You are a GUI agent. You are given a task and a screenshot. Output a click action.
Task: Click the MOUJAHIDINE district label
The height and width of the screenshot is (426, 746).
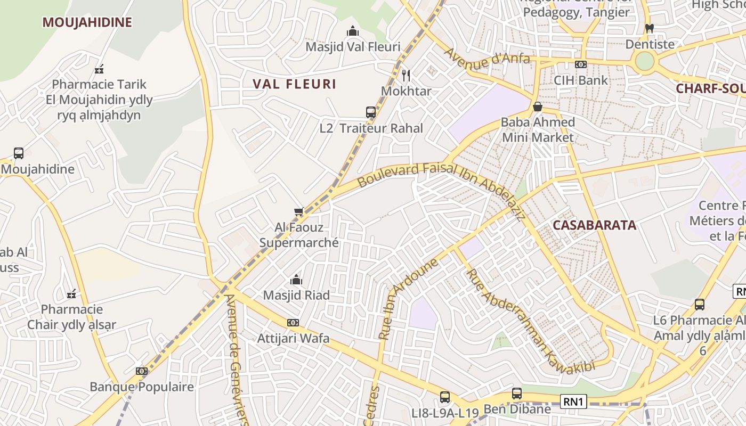pos(87,22)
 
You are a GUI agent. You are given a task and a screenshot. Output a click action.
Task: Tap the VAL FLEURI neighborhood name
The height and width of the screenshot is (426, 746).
pos(294,84)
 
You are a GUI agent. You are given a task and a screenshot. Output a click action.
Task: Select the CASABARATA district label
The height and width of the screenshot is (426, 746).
pos(594,225)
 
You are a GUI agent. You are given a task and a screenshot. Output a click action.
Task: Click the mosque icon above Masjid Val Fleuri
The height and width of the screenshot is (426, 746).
pos(353,31)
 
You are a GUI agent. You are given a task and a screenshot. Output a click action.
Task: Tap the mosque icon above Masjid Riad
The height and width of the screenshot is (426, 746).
pos(296,280)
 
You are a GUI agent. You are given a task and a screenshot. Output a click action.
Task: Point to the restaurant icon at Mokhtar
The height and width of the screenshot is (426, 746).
pos(406,75)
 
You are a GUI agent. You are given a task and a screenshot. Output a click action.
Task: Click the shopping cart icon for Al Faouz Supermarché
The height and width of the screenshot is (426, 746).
pos(299,212)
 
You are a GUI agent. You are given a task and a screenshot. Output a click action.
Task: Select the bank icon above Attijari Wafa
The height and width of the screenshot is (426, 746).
pos(293,323)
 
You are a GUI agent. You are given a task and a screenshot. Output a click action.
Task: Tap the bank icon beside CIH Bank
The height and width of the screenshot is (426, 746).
pos(581,64)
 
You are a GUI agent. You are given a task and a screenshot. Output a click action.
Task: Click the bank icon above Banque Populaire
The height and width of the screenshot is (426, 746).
pos(141,371)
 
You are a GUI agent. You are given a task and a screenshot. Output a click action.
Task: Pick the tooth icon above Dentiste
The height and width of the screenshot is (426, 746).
pos(649,28)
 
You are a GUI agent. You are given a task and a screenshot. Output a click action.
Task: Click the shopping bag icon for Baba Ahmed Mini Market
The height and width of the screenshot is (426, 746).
pos(538,106)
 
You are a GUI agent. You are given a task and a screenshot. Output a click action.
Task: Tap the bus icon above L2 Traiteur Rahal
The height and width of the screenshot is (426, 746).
pos(371,112)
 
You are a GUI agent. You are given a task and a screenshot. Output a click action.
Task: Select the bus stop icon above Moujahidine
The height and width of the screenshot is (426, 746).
pos(19,153)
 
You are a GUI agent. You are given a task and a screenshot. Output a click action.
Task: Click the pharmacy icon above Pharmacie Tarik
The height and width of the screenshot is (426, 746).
pos(99,69)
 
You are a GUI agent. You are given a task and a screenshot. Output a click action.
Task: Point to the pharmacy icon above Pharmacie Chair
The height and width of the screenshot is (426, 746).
pos(71,293)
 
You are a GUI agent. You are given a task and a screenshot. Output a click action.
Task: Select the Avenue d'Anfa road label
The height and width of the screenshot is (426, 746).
pos(486,59)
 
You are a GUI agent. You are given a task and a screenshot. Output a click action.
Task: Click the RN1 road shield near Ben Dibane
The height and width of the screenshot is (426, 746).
pos(573,401)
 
